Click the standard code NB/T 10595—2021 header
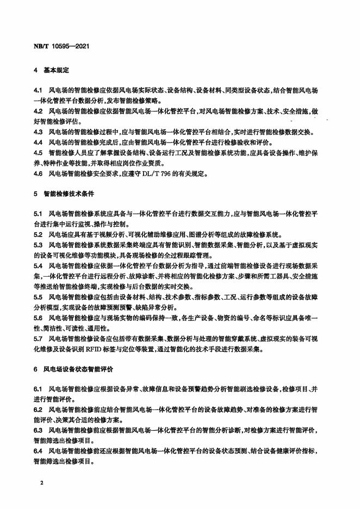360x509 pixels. point(58,46)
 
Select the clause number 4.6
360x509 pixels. point(38,174)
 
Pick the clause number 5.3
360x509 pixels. point(38,245)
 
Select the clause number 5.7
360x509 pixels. point(38,339)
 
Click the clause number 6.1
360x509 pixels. point(38,389)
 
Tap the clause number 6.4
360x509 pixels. point(38,451)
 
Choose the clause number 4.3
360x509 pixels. point(38,132)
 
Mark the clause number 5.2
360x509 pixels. point(38,234)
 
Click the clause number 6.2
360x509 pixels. point(38,410)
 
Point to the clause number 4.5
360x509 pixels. point(38,153)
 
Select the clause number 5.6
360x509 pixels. point(38,318)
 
